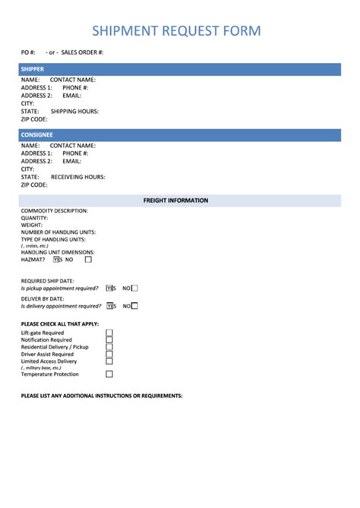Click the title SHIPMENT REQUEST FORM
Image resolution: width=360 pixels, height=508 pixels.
pyautogui.click(x=176, y=31)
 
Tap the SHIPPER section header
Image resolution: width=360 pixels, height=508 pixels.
pyautogui.click(x=32, y=69)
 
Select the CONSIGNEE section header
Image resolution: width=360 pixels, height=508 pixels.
pyautogui.click(x=36, y=134)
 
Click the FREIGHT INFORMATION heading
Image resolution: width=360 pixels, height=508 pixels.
pyautogui.click(x=175, y=200)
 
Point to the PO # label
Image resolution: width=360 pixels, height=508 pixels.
pyautogui.click(x=28, y=52)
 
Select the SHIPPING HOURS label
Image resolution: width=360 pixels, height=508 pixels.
pyautogui.click(x=74, y=111)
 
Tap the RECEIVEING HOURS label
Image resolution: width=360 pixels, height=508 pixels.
pyautogui.click(x=77, y=176)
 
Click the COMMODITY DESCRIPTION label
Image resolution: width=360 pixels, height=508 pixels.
pyautogui.click(x=55, y=210)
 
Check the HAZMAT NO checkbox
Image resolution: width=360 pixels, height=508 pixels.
pyautogui.click(x=88, y=259)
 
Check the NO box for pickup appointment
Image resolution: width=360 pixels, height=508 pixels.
pyautogui.click(x=134, y=289)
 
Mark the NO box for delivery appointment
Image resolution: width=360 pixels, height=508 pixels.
pyautogui.click(x=134, y=306)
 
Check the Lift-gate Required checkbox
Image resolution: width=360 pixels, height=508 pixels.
pyautogui.click(x=109, y=333)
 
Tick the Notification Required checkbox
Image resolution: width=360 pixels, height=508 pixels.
pyautogui.click(x=109, y=339)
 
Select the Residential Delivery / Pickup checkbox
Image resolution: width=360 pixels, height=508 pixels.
pyautogui.click(x=109, y=347)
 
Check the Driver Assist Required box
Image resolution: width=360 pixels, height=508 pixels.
pyautogui.click(x=109, y=354)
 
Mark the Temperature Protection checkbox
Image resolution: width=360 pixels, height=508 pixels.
pyautogui.click(x=109, y=374)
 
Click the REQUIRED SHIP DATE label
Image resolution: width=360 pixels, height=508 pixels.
pyautogui.click(x=47, y=281)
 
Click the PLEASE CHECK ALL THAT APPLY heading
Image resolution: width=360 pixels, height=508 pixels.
pyautogui.click(x=55, y=324)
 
